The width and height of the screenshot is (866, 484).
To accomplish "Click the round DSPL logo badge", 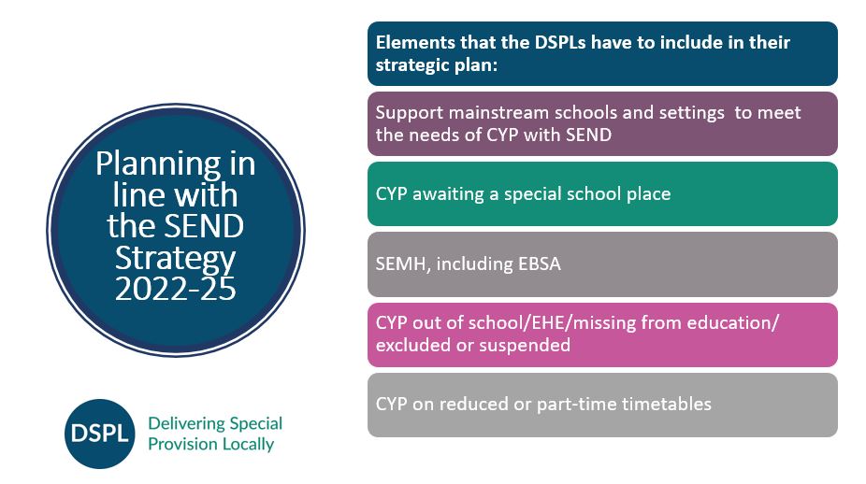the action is tap(99, 434).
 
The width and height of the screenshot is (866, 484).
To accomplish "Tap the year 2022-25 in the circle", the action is tap(176, 289).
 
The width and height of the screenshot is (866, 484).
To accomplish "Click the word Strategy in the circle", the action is tap(176, 258).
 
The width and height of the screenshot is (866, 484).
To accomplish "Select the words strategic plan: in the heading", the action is tap(437, 65).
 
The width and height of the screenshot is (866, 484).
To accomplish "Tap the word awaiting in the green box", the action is tap(448, 193).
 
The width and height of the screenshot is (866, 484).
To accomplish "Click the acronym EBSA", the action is tap(539, 263).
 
